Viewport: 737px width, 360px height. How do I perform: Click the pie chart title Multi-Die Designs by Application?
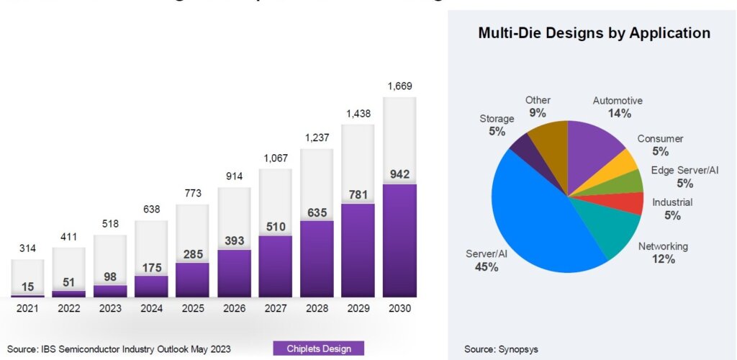[x=594, y=33]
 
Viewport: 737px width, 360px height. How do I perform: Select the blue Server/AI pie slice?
[x=533, y=216]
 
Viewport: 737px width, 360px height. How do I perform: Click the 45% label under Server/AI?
[x=487, y=267]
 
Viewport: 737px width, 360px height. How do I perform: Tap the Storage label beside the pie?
[x=497, y=119]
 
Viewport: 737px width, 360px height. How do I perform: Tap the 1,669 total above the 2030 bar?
[x=399, y=86]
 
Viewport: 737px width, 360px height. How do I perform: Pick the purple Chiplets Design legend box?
[x=319, y=349]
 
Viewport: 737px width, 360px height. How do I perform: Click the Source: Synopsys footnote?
[x=501, y=349]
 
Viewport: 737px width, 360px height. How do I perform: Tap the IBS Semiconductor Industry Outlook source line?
[x=119, y=349]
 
